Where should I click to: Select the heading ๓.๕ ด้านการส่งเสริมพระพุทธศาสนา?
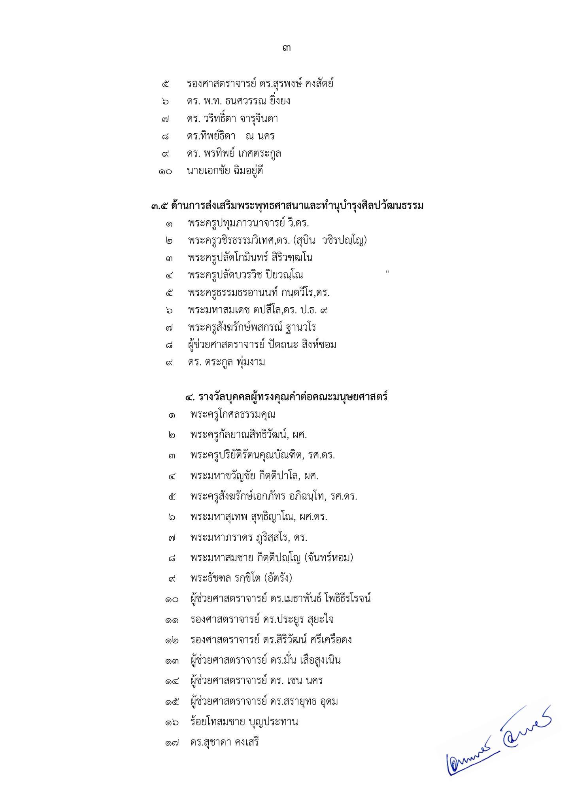coord(287,206)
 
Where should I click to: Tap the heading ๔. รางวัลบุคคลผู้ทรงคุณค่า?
coord(286,396)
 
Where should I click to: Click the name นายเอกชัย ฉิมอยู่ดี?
coord(225,171)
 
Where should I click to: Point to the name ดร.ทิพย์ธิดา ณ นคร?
coord(231,136)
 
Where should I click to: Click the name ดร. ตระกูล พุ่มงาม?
coord(227,362)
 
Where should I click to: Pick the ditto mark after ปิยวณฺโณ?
coord(387,272)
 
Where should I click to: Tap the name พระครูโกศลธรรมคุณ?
coord(232,414)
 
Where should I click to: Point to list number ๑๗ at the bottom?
coord(172,743)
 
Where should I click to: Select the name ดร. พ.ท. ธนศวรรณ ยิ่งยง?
coord(238,101)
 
